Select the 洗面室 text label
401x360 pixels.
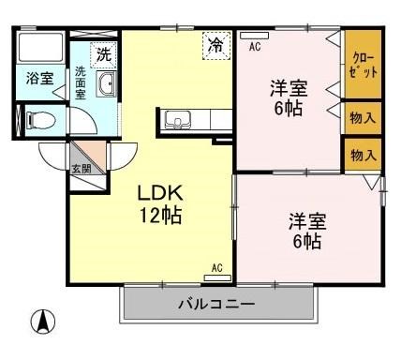81,82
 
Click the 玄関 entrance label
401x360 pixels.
81,170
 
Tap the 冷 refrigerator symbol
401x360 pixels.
216,44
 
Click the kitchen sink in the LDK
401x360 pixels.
177,119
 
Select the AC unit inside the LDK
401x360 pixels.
216,277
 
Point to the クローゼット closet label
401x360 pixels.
363,65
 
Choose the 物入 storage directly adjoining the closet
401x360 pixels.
362,118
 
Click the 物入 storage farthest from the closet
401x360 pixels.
362,156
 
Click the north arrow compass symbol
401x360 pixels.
42,323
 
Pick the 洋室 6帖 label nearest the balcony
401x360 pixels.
306,232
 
